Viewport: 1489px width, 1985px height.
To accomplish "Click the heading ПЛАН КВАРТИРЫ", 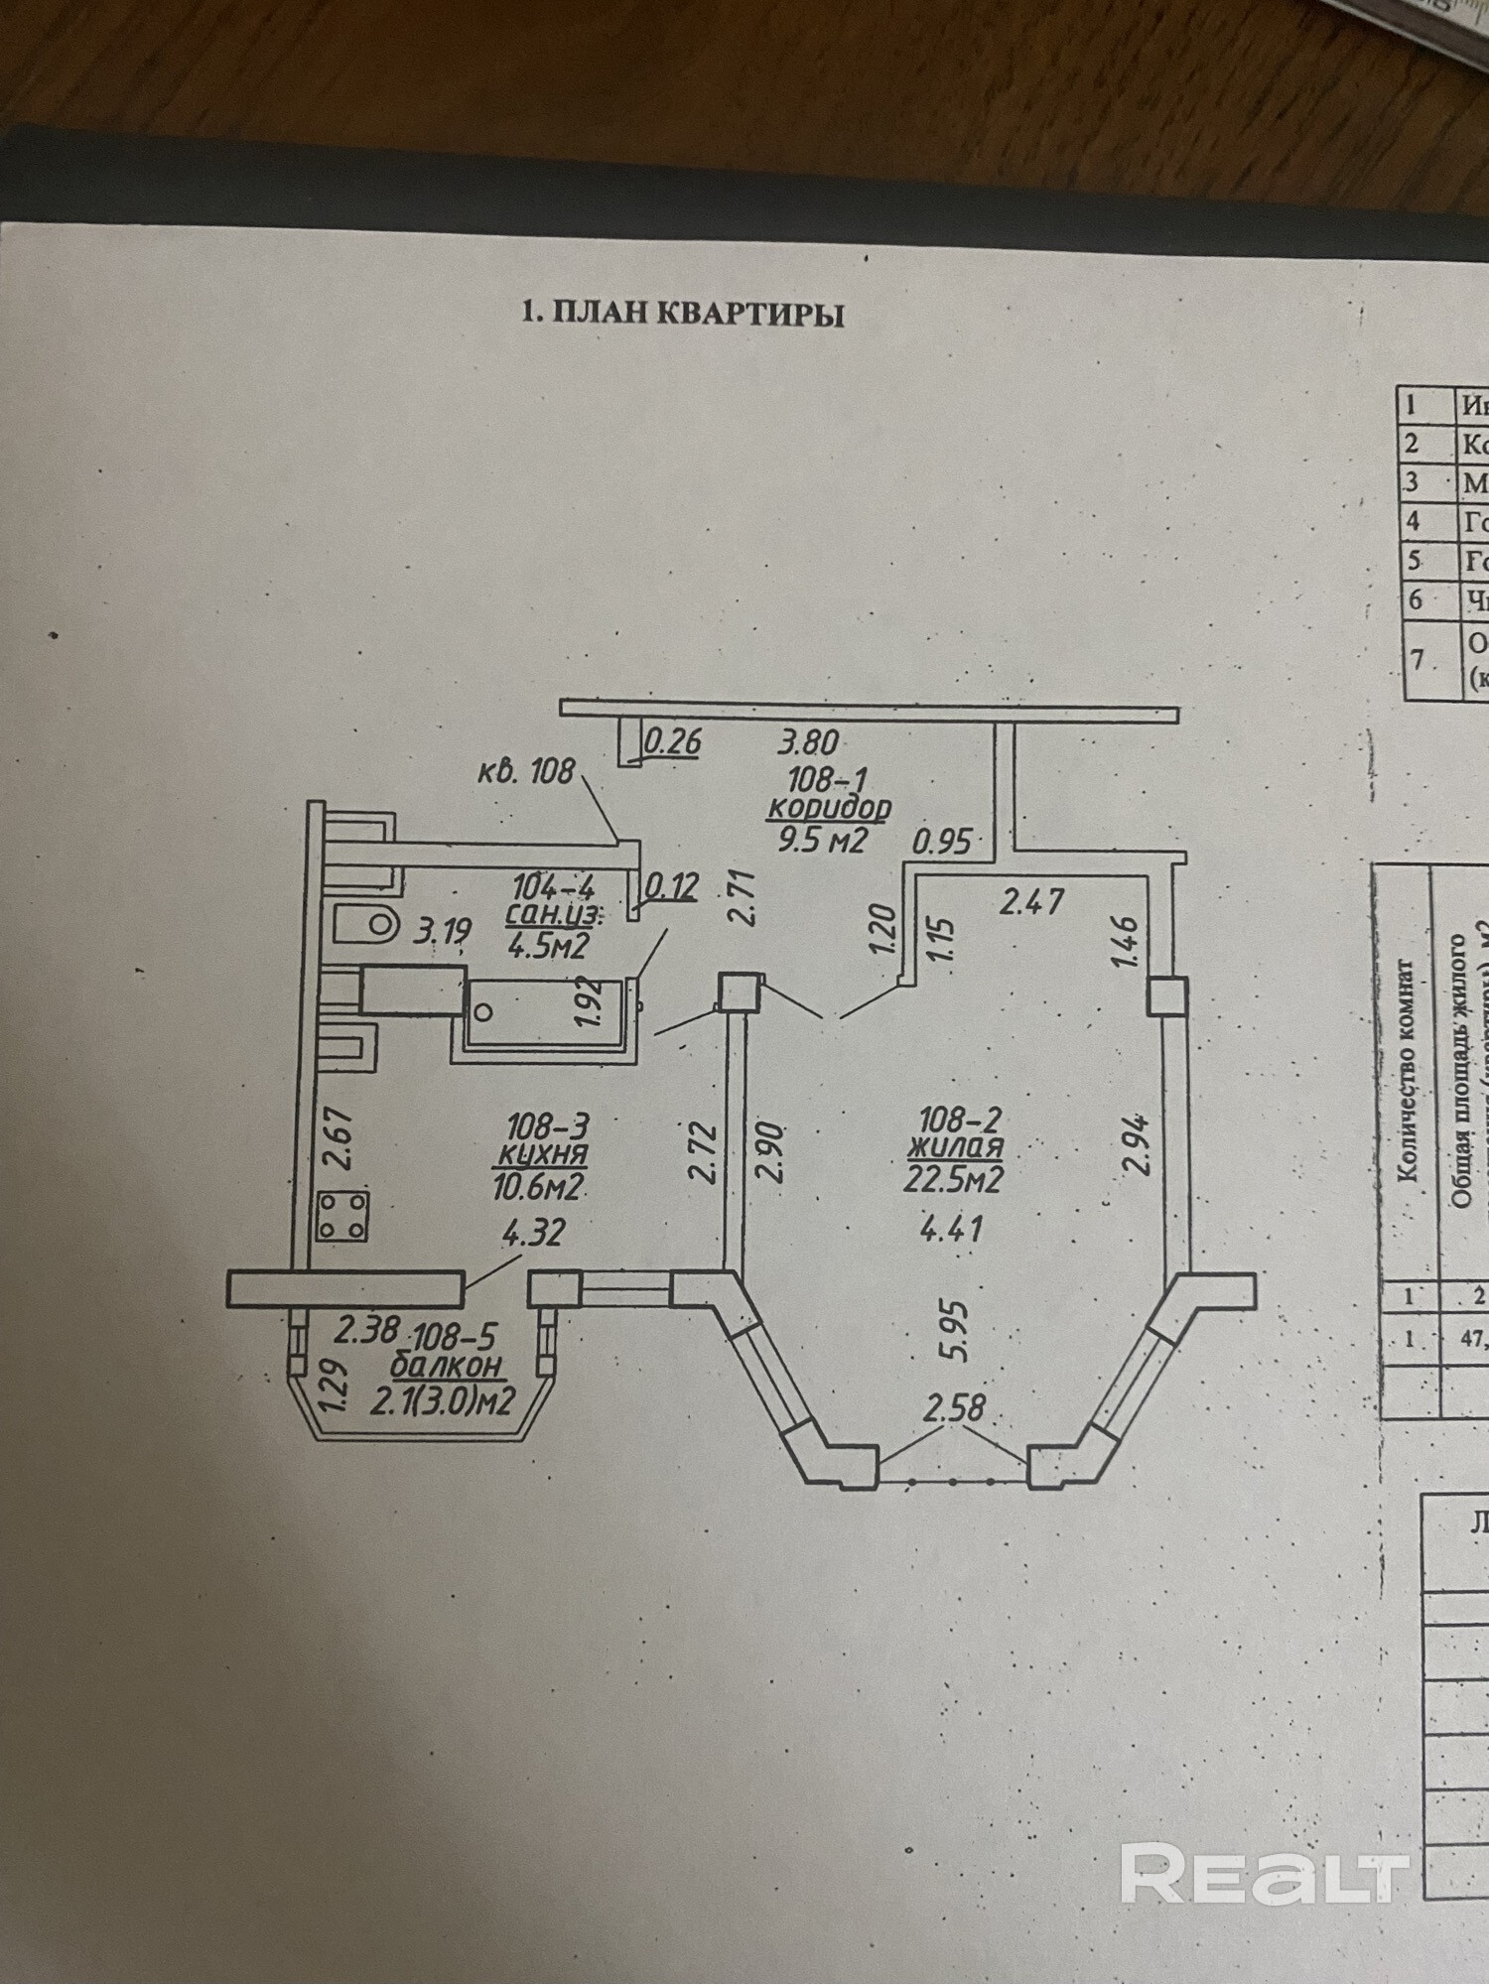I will click(x=683, y=315).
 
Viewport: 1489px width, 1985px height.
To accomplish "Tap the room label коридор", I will click(x=829, y=807).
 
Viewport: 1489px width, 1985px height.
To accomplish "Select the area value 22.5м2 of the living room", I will click(x=951, y=1178).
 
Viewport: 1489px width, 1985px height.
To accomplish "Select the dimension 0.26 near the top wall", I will click(x=673, y=741).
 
